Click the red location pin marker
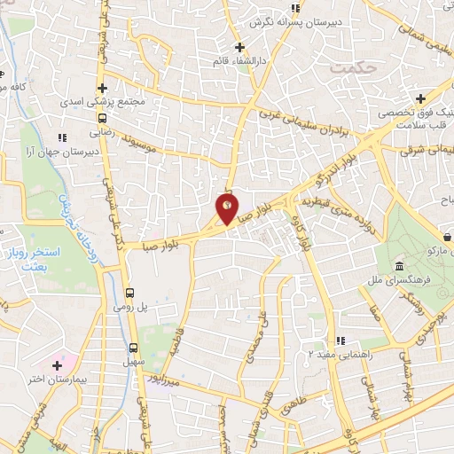(x=227, y=209)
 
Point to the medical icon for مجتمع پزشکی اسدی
(x=103, y=88)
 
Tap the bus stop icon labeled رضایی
(x=103, y=117)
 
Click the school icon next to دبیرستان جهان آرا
(x=61, y=137)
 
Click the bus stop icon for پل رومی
(x=130, y=293)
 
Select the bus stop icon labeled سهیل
(x=134, y=348)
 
